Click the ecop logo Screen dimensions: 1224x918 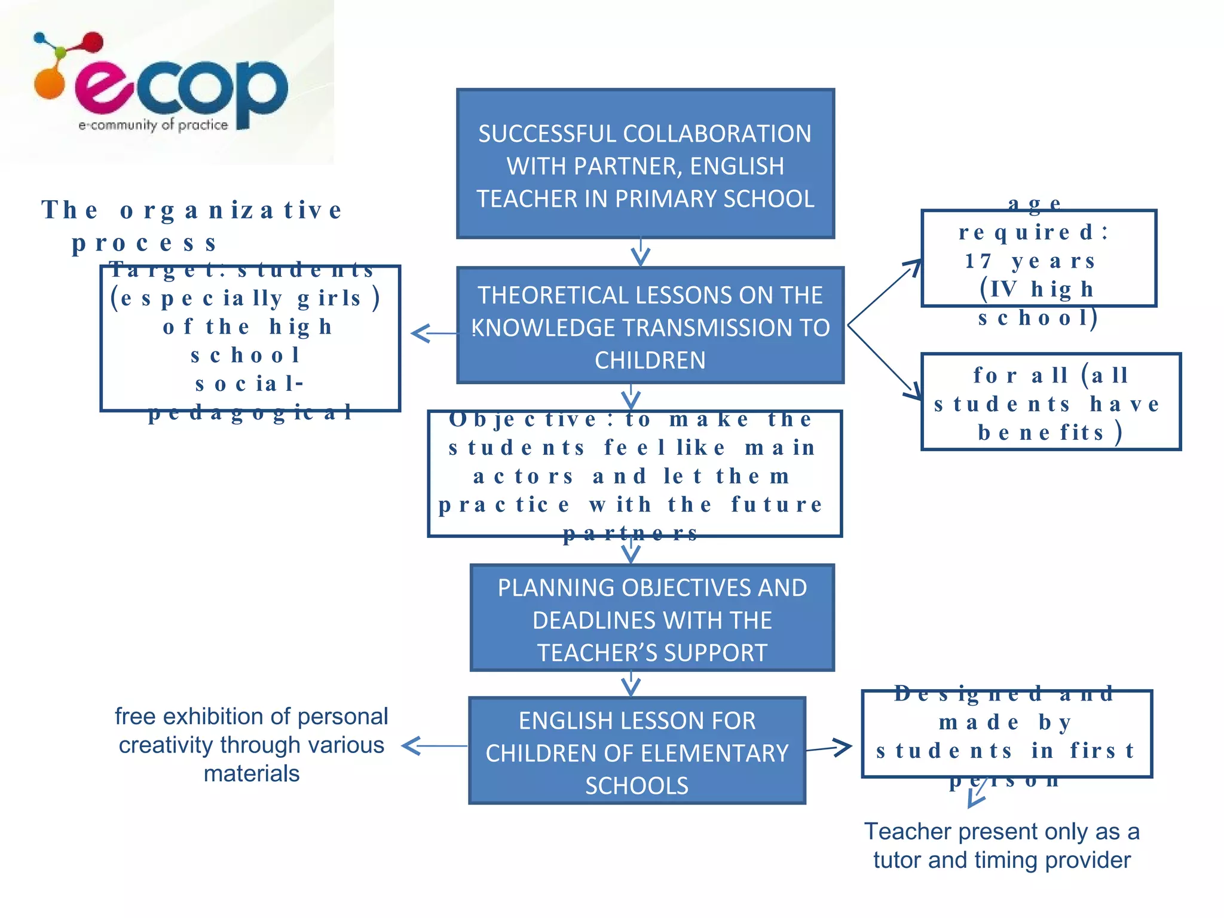(161, 84)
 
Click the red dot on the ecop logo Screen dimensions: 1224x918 (93, 42)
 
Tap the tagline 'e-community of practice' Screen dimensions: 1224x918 (153, 125)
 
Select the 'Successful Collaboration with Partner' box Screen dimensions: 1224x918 (645, 164)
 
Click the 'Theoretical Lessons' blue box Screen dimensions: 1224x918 (650, 326)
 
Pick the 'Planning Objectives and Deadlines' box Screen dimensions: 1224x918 (652, 618)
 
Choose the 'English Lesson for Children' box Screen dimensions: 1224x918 (637, 751)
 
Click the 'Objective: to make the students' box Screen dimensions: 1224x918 (634, 474)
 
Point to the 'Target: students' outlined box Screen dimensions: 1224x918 (250, 339)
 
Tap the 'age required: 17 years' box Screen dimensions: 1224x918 (1038, 259)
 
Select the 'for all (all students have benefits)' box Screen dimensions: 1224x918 (1050, 402)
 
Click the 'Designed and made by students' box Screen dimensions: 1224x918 (1006, 734)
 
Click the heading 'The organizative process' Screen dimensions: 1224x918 (191, 226)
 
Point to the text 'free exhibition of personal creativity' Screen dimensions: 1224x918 (251, 745)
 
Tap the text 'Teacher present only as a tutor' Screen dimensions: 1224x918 (1002, 845)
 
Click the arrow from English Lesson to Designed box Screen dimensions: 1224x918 (829, 748)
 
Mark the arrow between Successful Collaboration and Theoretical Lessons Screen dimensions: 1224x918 (641, 252)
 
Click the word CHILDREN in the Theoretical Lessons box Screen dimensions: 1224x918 (650, 360)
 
